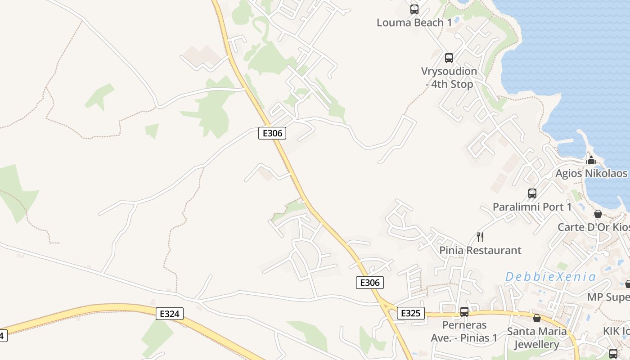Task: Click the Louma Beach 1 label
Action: click(x=414, y=22)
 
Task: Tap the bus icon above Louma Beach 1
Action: click(x=414, y=9)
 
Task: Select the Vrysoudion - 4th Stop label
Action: click(x=449, y=78)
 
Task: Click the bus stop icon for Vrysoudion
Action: click(x=449, y=58)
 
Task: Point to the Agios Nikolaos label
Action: click(x=591, y=174)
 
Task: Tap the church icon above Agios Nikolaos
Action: click(x=591, y=161)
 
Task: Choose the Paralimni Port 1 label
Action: click(x=532, y=207)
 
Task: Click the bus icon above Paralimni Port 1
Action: click(x=532, y=193)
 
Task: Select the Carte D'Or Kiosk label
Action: click(x=594, y=227)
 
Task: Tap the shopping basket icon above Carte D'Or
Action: click(x=598, y=214)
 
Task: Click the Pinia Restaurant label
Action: click(x=480, y=250)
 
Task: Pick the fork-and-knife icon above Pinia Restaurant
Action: click(x=480, y=237)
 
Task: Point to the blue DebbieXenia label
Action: click(x=550, y=277)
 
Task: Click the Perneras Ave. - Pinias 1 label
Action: click(x=464, y=331)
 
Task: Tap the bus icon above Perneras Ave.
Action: click(x=464, y=311)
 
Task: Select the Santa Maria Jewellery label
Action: click(x=536, y=338)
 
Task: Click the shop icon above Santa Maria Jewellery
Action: click(x=537, y=319)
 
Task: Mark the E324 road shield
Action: click(x=170, y=314)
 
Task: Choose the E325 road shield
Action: click(x=410, y=313)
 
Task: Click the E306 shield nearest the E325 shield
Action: click(x=370, y=283)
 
